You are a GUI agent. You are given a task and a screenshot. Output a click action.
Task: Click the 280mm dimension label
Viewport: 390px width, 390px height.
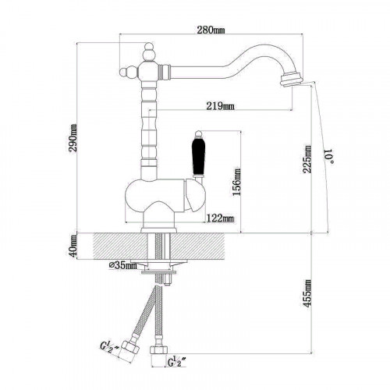point(211,30)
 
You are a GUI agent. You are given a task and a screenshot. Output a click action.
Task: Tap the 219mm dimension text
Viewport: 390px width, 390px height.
point(220,106)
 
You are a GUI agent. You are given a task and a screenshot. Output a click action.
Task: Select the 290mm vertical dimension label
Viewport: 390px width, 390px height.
point(73,138)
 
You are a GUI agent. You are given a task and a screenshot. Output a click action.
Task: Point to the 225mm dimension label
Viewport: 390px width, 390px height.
point(307,159)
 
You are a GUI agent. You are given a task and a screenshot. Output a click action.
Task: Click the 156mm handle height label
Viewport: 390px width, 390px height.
point(237,182)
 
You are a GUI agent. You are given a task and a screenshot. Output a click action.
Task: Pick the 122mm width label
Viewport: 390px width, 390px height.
point(220,218)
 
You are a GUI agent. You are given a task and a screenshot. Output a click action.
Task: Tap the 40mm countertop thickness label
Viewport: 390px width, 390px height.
point(73,246)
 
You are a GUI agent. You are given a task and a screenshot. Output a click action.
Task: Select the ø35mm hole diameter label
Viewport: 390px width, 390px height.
point(122,265)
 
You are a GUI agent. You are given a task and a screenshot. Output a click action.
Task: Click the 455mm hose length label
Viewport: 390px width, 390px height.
point(307,293)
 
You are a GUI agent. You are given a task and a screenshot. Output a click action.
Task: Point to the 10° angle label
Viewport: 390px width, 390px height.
point(328,156)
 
